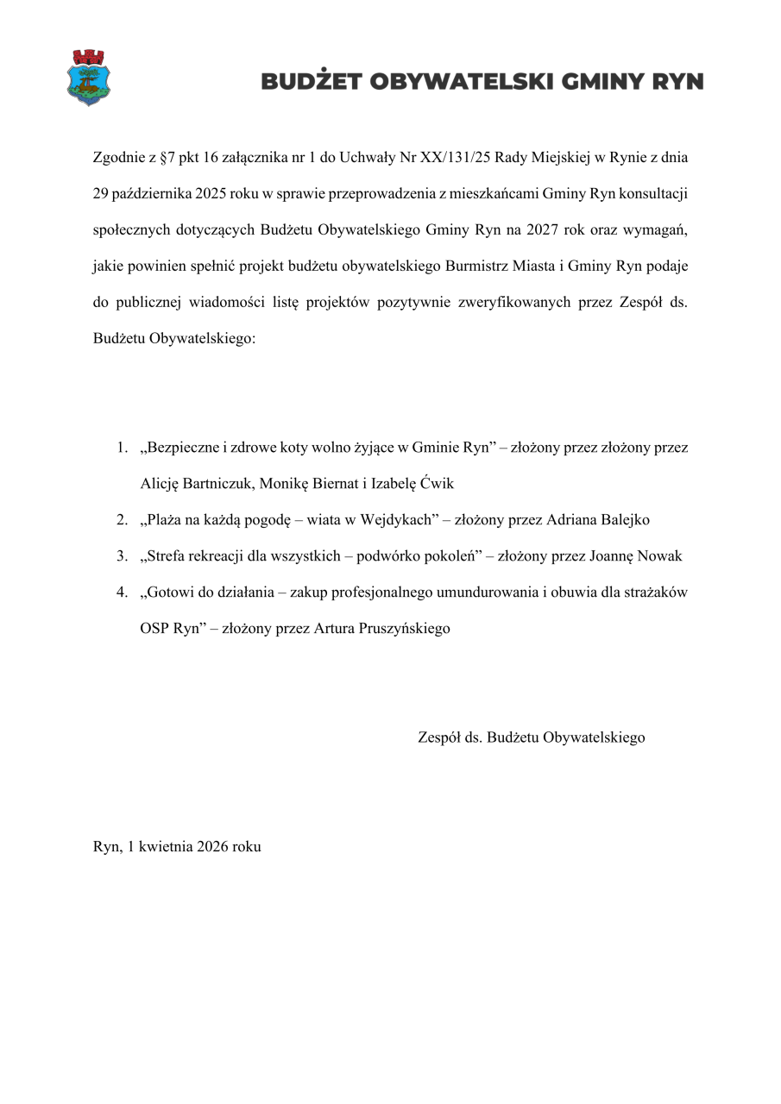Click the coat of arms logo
(x=89, y=78)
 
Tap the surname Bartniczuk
(x=217, y=484)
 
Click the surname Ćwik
(x=434, y=484)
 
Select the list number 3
(x=123, y=556)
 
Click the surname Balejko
(x=619, y=520)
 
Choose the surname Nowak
(x=659, y=556)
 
